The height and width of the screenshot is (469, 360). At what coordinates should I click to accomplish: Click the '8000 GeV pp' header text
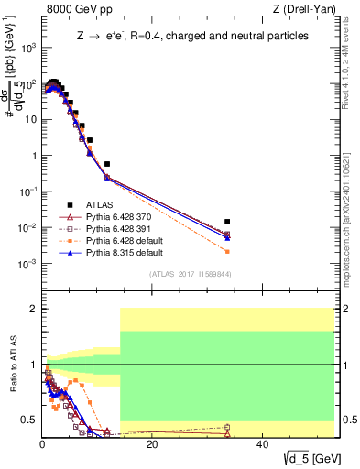[72, 9]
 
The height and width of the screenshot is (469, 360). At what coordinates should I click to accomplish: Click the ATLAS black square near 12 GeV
[107, 164]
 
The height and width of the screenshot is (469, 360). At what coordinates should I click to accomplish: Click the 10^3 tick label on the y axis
[28, 48]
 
